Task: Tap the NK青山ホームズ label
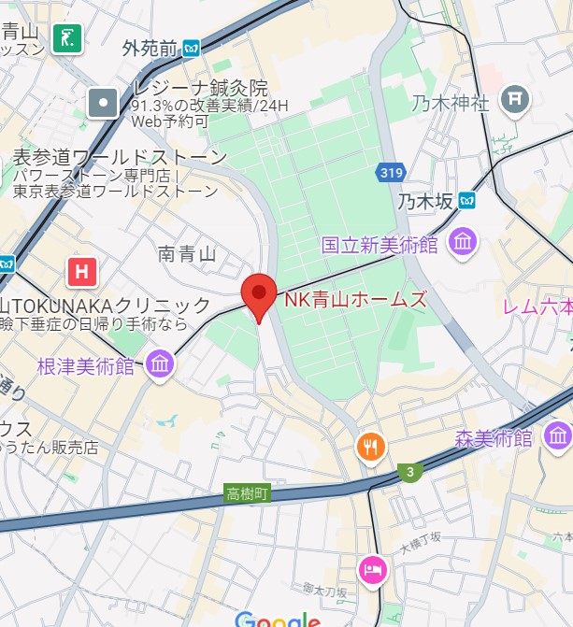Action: pos(355,300)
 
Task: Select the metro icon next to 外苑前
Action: pos(192,48)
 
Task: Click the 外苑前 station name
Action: pos(150,48)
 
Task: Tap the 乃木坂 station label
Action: pos(424,201)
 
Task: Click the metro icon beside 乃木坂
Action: pos(466,200)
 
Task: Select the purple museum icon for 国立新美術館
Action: pos(462,244)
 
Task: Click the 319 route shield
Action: pos(391,172)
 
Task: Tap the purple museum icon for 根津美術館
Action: pos(160,364)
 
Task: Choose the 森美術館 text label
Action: pos(494,437)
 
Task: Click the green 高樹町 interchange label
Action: pos(248,492)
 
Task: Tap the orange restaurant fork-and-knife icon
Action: pos(371,448)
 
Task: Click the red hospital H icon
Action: pos(82,272)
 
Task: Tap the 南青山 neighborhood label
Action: pos(187,253)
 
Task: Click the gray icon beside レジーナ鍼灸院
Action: pos(104,103)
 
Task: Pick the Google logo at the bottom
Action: pos(278,619)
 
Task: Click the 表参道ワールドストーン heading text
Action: pos(119,157)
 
